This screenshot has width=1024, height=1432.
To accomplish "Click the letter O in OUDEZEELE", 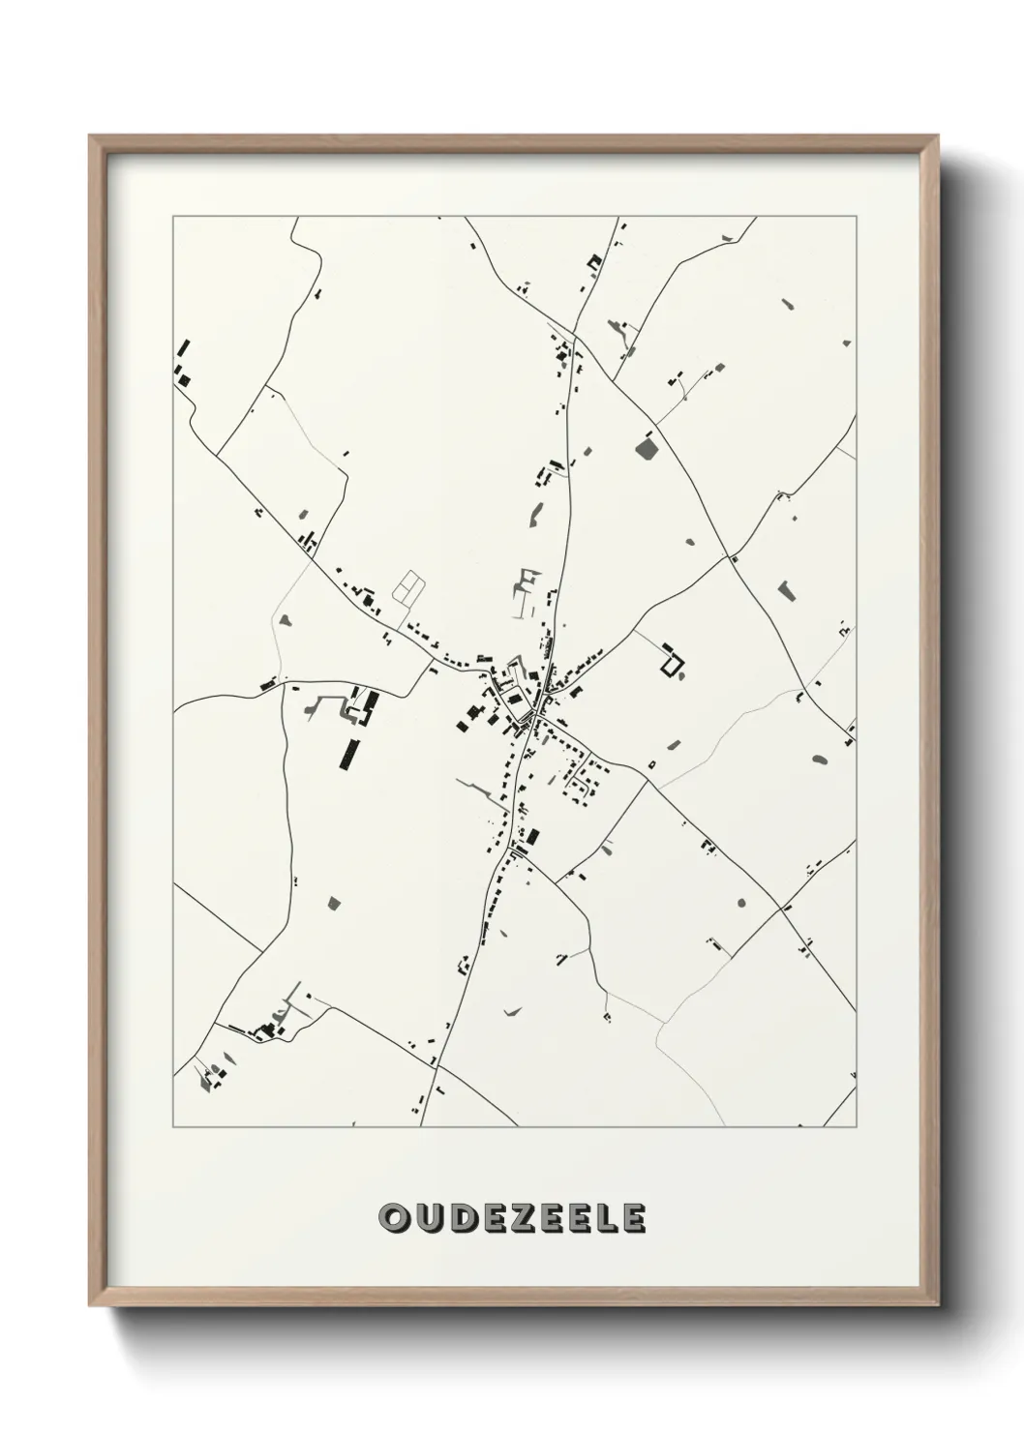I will [393, 1218].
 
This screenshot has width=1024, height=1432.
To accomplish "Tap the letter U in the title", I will [427, 1218].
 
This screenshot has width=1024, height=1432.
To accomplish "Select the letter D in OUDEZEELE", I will [461, 1218].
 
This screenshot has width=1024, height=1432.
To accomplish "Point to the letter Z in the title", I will [524, 1218].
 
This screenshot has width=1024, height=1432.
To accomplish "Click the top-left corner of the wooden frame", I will [90, 136].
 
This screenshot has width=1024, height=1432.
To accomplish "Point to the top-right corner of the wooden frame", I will [940, 136].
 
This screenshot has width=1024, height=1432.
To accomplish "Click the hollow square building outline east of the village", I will [671, 663].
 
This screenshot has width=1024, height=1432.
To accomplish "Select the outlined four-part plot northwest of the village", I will [409, 585].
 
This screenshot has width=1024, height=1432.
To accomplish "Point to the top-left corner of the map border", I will [173, 217].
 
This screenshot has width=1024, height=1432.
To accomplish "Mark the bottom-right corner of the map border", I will [857, 1127].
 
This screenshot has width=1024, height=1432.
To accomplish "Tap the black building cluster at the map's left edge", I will [183, 365].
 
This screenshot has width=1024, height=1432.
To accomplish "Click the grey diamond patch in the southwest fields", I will [335, 904].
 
